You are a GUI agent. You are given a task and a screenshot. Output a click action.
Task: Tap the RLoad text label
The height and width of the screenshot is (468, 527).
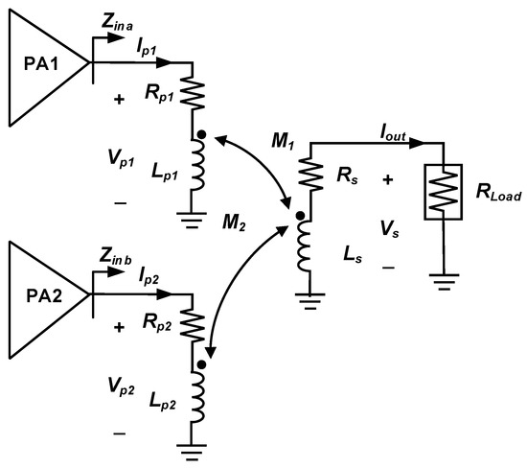pos(488,196)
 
